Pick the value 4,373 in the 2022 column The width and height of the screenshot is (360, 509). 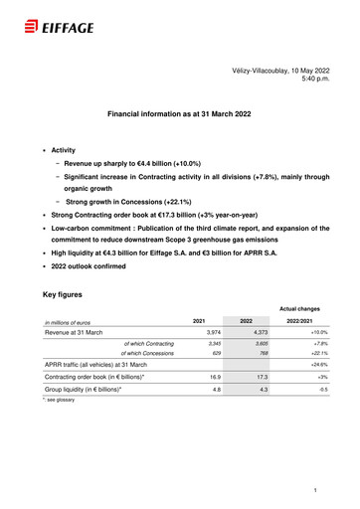pyautogui.click(x=261, y=332)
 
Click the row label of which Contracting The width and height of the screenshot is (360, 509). pyautogui.click(x=149, y=343)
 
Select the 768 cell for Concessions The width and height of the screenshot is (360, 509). pyautogui.click(x=263, y=353)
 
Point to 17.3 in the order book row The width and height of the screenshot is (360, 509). pyautogui.click(x=262, y=378)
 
